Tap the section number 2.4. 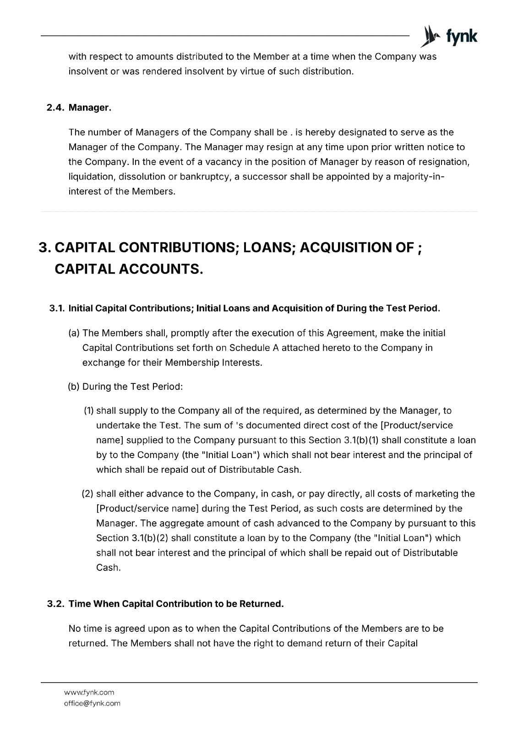(56, 108)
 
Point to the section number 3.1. (57, 308)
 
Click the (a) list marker (74, 333)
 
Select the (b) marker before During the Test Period (74, 387)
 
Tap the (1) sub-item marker (89, 411)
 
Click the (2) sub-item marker (88, 494)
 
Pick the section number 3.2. (56, 604)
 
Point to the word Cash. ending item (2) (109, 568)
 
